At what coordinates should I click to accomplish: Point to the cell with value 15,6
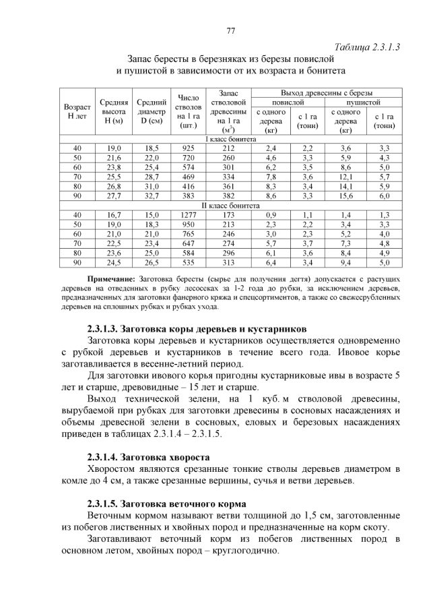coord(345,195)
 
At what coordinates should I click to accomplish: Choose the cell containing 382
coord(229,195)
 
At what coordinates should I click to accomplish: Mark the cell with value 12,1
coord(345,177)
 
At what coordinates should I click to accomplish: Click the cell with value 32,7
coord(152,195)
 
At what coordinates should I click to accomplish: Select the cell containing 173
coord(229,214)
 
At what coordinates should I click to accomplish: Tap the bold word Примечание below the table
coord(111,279)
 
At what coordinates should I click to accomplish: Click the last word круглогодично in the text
coord(244,551)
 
